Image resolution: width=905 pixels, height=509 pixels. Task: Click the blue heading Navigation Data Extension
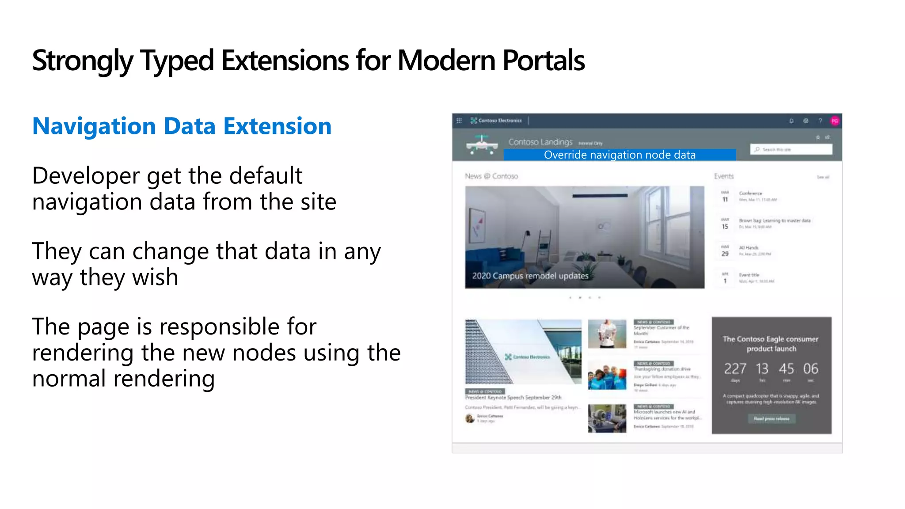point(182,126)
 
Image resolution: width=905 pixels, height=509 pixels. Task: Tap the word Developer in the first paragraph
point(86,176)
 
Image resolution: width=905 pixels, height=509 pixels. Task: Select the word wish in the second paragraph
point(155,277)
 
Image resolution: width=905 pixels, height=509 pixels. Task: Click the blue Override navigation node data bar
point(619,155)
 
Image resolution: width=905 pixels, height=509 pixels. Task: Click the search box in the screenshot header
point(791,149)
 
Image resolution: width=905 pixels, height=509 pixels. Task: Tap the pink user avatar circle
point(834,121)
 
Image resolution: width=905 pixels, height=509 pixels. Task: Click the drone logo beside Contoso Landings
point(482,145)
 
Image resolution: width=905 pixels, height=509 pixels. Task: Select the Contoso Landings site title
point(540,142)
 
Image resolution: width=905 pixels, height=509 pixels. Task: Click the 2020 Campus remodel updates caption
point(530,276)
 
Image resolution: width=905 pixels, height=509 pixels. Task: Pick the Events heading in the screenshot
point(723,176)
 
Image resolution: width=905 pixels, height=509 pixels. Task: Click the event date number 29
point(725,254)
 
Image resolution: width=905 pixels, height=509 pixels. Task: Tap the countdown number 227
point(735,368)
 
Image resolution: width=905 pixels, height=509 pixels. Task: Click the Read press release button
point(771,418)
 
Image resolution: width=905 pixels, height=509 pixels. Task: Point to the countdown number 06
point(810,368)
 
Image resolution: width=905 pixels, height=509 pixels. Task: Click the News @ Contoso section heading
point(491,176)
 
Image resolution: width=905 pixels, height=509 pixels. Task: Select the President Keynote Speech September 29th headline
point(513,398)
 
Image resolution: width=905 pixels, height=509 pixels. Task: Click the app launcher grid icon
point(459,121)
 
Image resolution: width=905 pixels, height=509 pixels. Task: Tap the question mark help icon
point(820,121)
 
